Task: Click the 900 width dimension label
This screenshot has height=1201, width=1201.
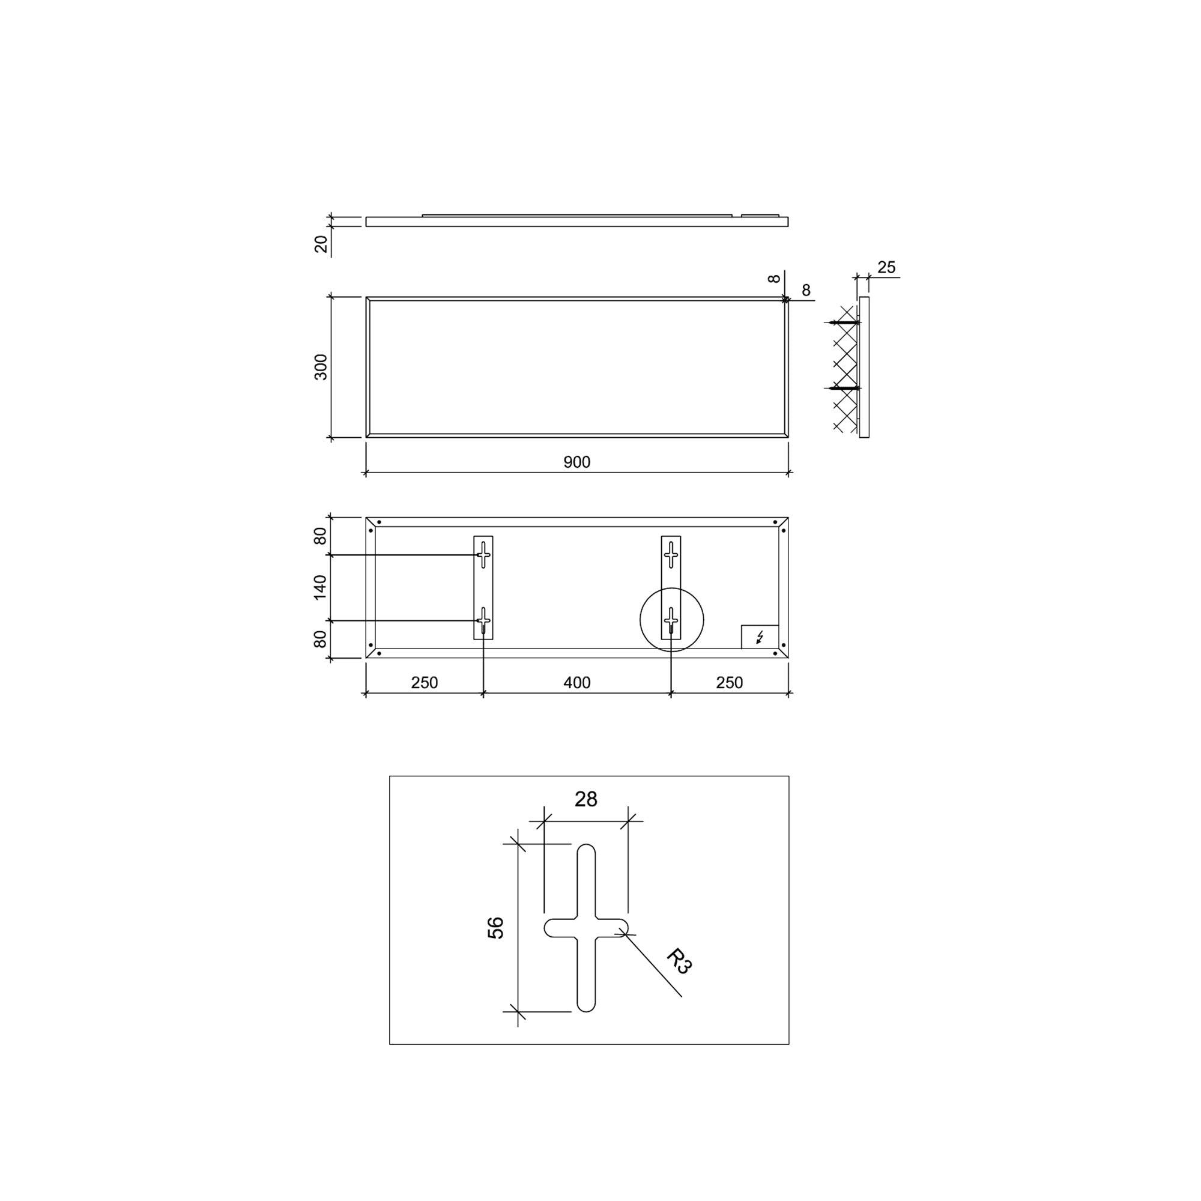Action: point(576,462)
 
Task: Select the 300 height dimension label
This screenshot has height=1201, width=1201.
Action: point(321,367)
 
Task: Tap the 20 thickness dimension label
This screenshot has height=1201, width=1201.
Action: point(321,244)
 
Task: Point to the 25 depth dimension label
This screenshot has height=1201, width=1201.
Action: point(886,267)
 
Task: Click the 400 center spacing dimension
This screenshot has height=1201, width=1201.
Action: point(576,683)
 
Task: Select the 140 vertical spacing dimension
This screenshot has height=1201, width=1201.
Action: point(319,587)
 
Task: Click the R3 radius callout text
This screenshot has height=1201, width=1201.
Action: point(679,961)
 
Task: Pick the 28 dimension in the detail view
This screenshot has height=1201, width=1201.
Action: point(585,799)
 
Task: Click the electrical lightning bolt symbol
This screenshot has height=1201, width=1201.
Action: point(760,637)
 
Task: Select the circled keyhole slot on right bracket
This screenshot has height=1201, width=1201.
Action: point(671,620)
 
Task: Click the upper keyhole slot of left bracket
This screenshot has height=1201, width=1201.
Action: point(483,554)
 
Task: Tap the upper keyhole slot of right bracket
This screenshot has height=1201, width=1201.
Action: point(671,554)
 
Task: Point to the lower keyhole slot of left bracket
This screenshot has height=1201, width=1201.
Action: point(483,620)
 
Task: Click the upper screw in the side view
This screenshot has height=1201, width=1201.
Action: point(843,322)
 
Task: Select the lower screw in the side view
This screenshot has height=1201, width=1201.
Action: point(843,388)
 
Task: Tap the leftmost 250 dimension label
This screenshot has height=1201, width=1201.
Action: point(424,683)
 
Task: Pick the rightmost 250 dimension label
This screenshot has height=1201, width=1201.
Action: point(729,683)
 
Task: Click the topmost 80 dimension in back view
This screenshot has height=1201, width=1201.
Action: point(319,535)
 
